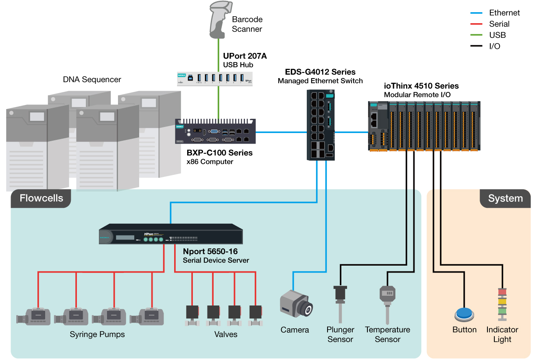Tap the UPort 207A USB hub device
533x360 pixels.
pyautogui.click(x=214, y=78)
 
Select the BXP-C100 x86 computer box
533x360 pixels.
pyautogui.click(x=216, y=131)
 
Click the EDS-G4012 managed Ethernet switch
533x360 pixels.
pyautogui.click(x=320, y=125)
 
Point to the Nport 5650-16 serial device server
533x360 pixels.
pyautogui.click(x=171, y=234)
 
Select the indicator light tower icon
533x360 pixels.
pyautogui.click(x=502, y=305)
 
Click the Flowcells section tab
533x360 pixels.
pyautogui.click(x=41, y=198)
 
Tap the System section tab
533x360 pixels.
pyautogui.click(x=505, y=198)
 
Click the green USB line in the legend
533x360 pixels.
pyautogui.click(x=476, y=35)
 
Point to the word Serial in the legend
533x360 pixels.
pyautogui.click(x=499, y=24)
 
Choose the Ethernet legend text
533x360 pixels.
pyautogui.click(x=504, y=13)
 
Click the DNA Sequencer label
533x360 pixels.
pyautogui.click(x=92, y=79)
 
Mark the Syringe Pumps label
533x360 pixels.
pyautogui.click(x=97, y=334)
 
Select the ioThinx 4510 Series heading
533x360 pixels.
pyautogui.click(x=422, y=86)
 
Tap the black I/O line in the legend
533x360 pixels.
pyautogui.click(x=476, y=46)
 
